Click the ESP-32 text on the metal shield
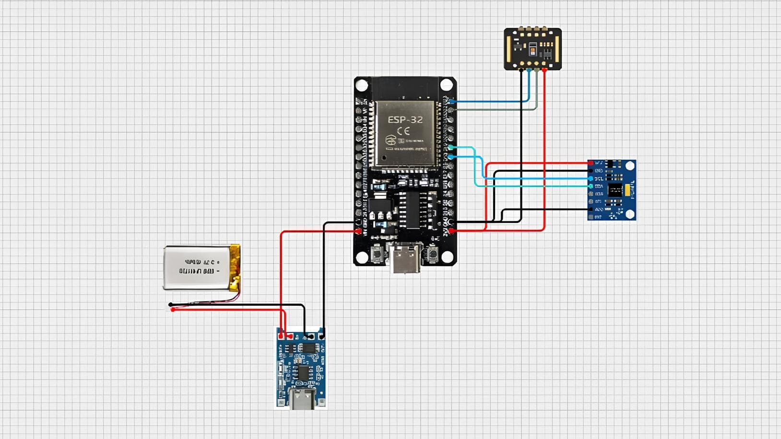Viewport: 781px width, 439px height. pos(405,120)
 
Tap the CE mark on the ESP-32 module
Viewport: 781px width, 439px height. pos(403,131)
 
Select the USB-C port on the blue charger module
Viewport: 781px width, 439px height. pos(302,399)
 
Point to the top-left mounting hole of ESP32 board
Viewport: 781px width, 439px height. pos(362,86)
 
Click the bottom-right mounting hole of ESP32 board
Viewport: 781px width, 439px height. pos(447,257)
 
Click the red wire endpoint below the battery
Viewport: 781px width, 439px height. pos(173,310)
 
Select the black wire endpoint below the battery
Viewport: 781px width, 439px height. pos(171,304)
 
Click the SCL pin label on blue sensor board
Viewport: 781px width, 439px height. pos(599,179)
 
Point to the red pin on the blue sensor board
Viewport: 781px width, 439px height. pos(591,163)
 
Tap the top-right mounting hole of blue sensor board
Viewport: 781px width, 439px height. pos(630,166)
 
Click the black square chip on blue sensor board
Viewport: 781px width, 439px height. pos(615,190)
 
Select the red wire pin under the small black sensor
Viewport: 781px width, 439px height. pos(544,70)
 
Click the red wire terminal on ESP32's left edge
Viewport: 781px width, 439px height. pos(358,231)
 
